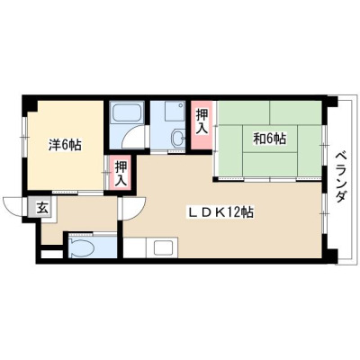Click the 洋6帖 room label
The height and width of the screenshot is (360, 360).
point(65,145)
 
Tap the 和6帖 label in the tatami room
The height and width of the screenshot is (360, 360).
point(270,139)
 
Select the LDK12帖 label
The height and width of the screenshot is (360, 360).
point(220,212)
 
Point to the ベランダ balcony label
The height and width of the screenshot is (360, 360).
point(341,177)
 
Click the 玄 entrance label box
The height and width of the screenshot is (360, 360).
point(42,208)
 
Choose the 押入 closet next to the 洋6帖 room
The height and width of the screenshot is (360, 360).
point(121,173)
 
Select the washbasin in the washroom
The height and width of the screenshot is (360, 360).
point(178,139)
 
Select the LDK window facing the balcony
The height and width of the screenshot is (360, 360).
point(324,213)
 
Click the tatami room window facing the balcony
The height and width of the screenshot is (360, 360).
point(324,145)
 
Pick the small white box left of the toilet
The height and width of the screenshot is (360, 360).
point(51,254)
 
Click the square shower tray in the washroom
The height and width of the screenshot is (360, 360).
point(175,111)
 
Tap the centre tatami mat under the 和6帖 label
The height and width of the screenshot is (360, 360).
point(270,139)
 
